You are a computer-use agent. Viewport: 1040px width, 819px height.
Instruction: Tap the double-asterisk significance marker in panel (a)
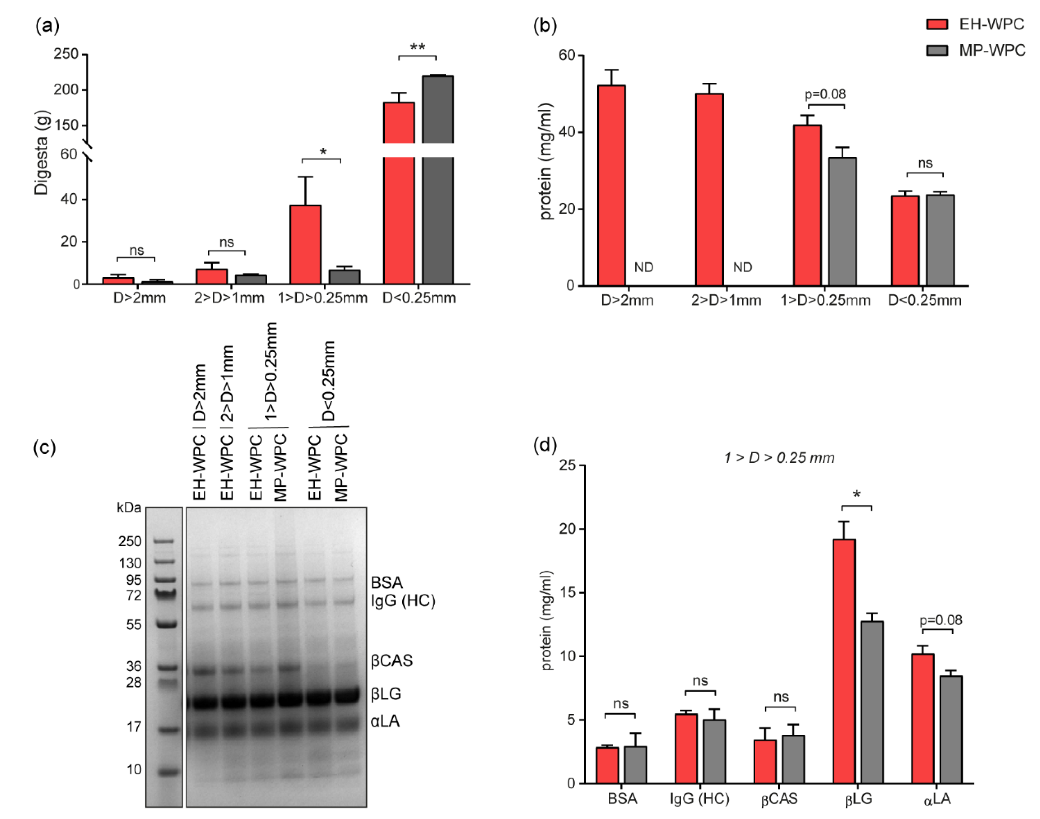point(417,47)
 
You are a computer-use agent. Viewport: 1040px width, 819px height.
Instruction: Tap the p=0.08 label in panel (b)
point(825,94)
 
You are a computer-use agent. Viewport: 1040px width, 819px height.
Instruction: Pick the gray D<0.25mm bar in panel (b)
point(940,240)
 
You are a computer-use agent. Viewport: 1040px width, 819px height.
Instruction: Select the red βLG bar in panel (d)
point(844,661)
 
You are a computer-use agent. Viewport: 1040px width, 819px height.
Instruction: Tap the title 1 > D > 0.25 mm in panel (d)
point(779,458)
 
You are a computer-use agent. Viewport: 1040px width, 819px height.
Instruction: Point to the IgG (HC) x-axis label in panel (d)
point(700,799)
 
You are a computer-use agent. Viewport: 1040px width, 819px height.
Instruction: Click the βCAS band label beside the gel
point(391,661)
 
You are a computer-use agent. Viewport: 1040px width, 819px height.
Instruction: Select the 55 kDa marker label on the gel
point(134,625)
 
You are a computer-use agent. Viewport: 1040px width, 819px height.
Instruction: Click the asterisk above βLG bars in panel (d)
point(857,494)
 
